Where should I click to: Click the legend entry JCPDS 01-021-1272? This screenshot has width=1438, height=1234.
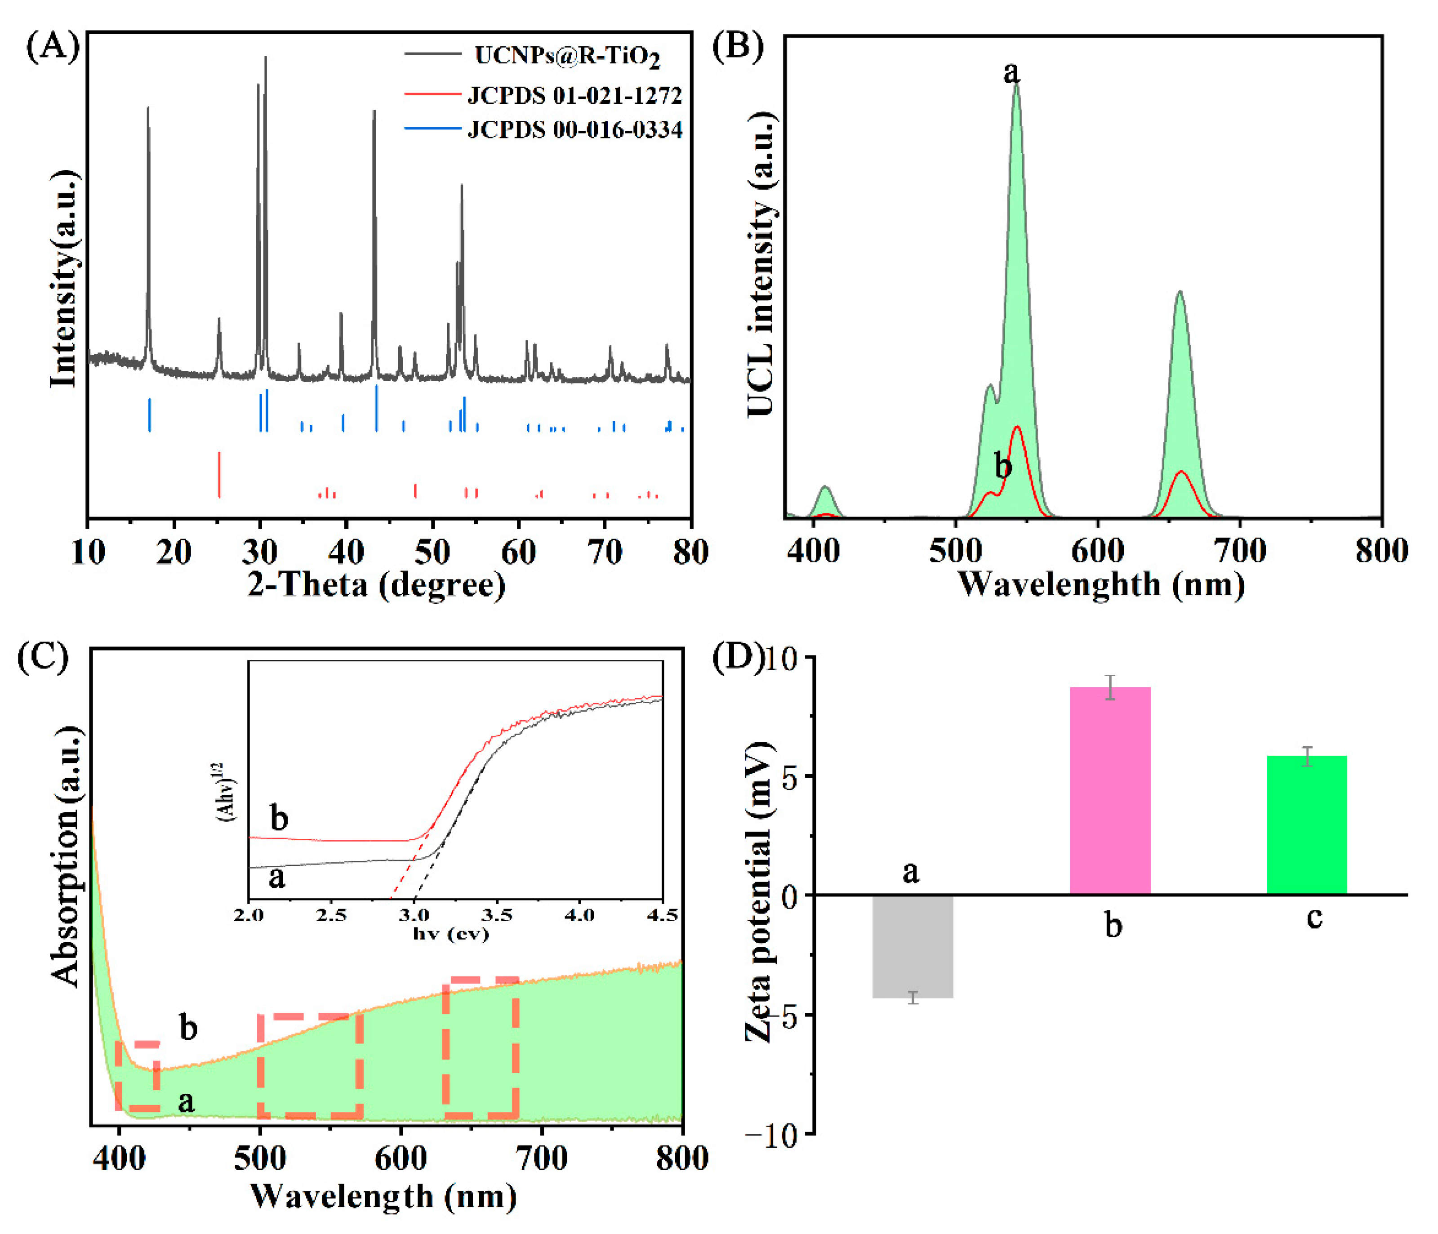pyautogui.click(x=574, y=95)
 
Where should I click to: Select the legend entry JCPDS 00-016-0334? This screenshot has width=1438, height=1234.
pyautogui.click(x=574, y=130)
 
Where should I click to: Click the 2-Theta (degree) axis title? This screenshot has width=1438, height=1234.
pyautogui.click(x=376, y=585)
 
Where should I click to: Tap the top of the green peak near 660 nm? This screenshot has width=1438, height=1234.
pyautogui.click(x=1180, y=295)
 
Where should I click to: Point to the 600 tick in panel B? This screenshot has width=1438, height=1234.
pyautogui.click(x=1097, y=550)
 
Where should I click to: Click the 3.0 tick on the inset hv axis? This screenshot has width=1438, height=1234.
pyautogui.click(x=414, y=915)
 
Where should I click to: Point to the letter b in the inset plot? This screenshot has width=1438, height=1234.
pyautogui.click(x=279, y=819)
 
